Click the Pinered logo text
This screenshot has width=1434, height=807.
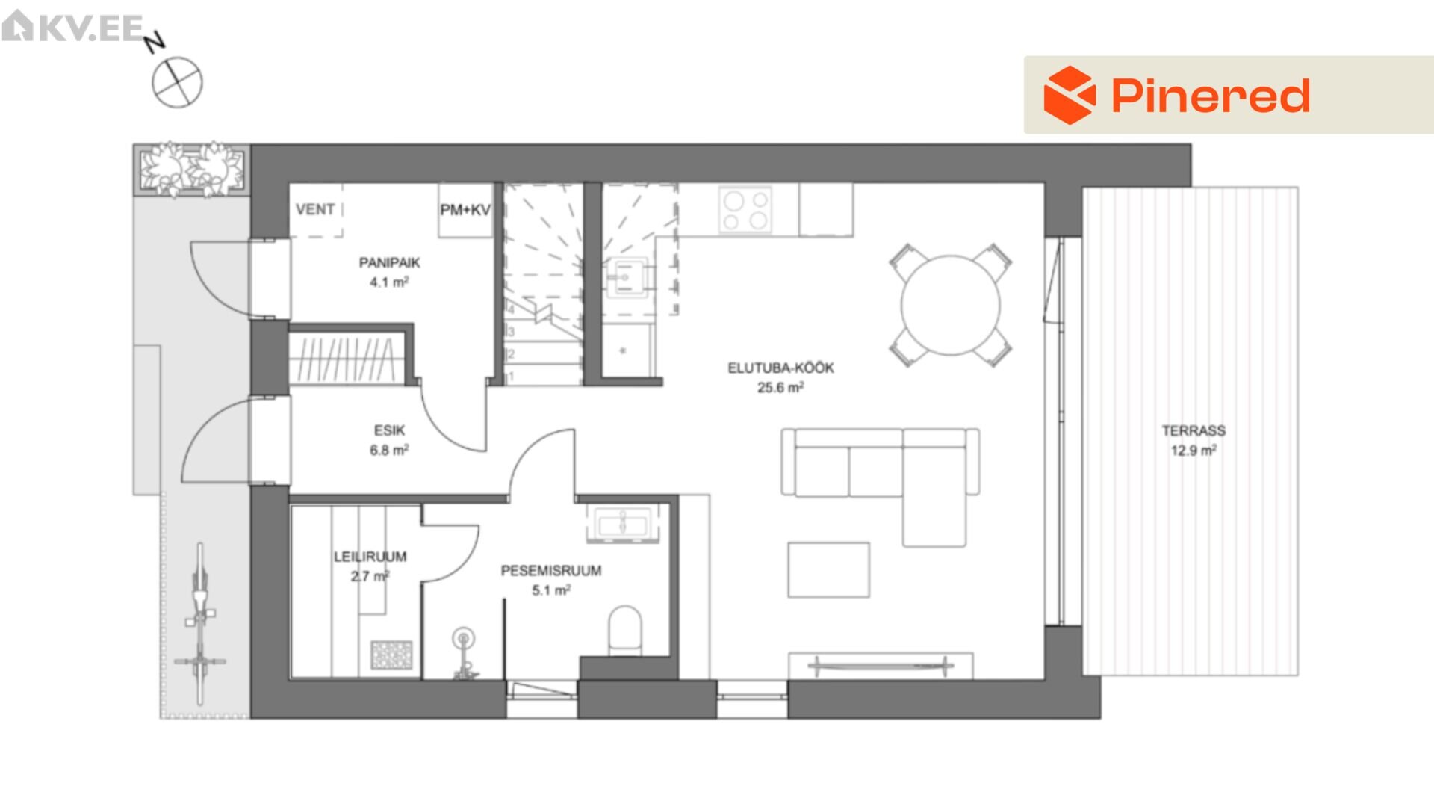tap(1210, 96)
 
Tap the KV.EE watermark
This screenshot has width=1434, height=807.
tap(73, 27)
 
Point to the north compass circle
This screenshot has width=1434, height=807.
tap(178, 82)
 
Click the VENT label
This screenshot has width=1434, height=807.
tap(315, 209)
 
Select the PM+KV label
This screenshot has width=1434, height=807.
tap(465, 210)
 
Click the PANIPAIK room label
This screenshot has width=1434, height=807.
tap(389, 263)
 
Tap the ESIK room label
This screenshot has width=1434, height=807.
tap(389, 430)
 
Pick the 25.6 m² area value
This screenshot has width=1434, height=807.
tap(780, 387)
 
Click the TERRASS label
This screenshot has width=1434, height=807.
tap(1194, 430)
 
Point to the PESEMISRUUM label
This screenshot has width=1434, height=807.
tap(551, 571)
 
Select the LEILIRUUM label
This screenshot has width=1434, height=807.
tap(370, 557)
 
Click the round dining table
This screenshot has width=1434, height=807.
tap(950, 305)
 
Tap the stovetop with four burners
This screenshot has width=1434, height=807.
tap(745, 210)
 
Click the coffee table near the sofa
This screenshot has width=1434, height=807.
tap(828, 570)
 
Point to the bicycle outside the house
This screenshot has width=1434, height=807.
tap(199, 624)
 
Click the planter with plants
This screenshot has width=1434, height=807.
tap(193, 170)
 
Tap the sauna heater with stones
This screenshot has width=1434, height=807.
tap(391, 655)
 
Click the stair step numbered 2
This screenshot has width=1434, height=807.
tap(544, 354)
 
